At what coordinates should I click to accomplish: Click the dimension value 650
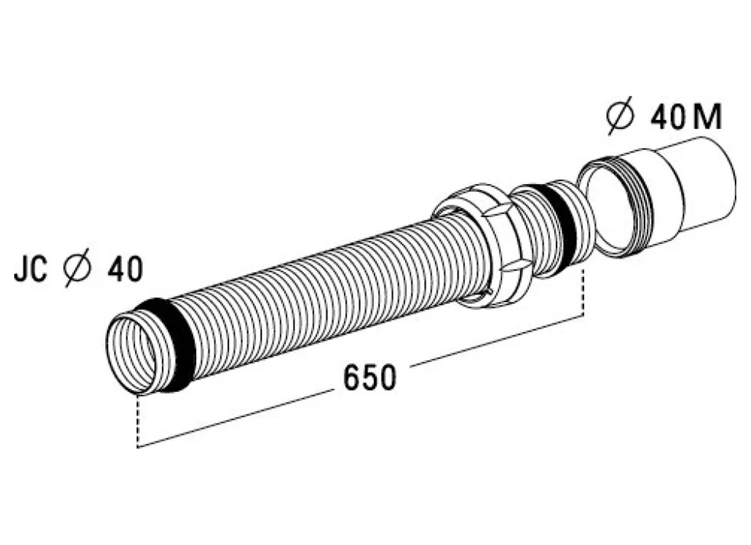369,378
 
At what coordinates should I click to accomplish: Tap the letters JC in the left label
31,270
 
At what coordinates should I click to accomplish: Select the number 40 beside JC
125,269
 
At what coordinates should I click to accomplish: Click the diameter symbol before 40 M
620,116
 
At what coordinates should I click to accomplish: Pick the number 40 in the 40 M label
667,118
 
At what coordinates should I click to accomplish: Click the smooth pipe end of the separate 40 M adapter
707,184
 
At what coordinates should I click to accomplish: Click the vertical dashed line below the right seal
583,293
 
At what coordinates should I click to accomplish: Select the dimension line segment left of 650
234,419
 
